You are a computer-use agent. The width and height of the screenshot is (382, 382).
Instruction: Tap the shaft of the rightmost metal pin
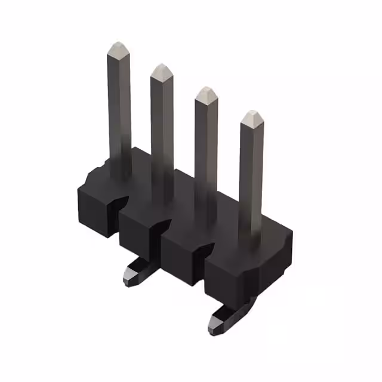click(251, 173)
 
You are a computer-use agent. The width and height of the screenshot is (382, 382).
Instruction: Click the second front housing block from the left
click(139, 233)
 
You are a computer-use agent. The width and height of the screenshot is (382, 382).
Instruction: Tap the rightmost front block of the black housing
click(230, 278)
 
